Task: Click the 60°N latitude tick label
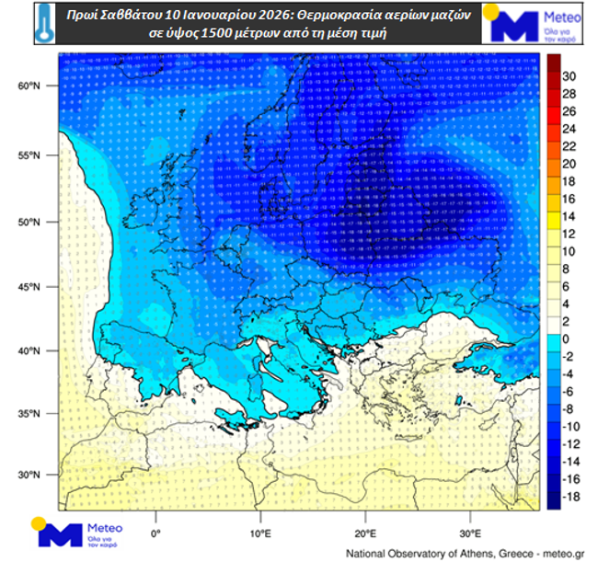pyautogui.click(x=29, y=86)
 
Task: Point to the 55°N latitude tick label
pyautogui.click(x=29, y=156)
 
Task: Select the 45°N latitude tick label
pyautogui.click(x=29, y=287)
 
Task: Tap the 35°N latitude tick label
pyautogui.click(x=29, y=414)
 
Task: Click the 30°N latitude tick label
pyautogui.click(x=29, y=476)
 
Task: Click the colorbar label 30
pyautogui.click(x=569, y=76)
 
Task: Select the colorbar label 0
pyautogui.click(x=567, y=338)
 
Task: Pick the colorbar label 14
pyautogui.click(x=569, y=216)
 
